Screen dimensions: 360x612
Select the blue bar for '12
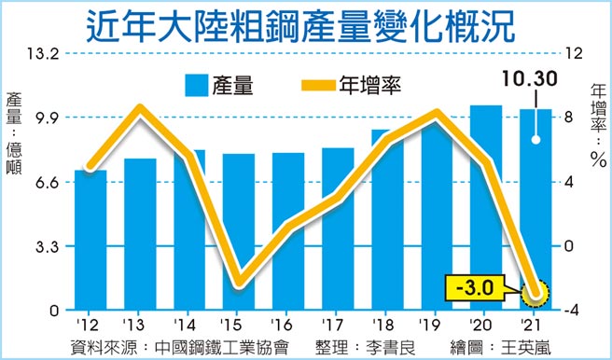pos(90,240)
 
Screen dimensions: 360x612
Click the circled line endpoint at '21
pos(535,296)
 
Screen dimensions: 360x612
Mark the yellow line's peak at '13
pos(140,107)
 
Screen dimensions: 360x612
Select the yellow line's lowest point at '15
pos(239,282)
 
